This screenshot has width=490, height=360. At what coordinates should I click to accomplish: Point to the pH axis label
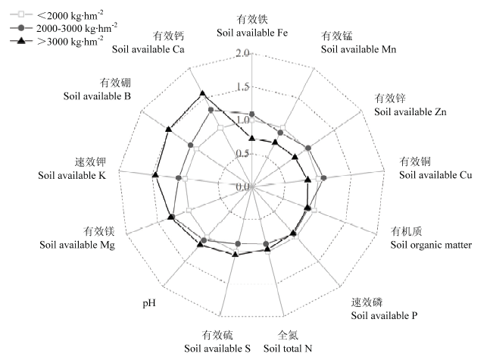pyautogui.click(x=149, y=303)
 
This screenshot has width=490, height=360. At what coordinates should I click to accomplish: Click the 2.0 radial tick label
pyautogui.click(x=243, y=53)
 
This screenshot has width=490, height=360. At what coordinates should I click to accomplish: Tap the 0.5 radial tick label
pyautogui.click(x=243, y=153)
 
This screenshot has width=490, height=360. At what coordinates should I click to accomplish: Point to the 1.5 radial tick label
pyautogui.click(x=243, y=86)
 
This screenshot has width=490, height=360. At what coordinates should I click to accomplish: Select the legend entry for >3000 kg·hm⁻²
pyautogui.click(x=57, y=41)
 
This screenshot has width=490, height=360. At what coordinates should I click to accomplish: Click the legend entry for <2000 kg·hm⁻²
pyautogui.click(x=57, y=14)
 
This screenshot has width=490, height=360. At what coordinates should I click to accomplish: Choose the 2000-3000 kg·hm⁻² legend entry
pyautogui.click(x=64, y=28)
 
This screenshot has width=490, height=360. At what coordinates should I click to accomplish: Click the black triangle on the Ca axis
pyautogui.click(x=202, y=93)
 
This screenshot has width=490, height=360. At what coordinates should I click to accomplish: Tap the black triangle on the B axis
pyautogui.click(x=169, y=129)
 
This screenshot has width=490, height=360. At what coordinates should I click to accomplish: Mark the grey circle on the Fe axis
pyautogui.click(x=252, y=114)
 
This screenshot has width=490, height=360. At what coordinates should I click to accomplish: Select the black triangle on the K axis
pyautogui.click(x=155, y=175)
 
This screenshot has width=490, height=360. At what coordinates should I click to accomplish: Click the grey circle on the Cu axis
pyautogui.click(x=323, y=177)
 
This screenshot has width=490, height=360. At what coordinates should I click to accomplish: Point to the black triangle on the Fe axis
pyautogui.click(x=252, y=138)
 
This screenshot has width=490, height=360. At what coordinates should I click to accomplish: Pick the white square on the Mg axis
pyautogui.click(x=189, y=210)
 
